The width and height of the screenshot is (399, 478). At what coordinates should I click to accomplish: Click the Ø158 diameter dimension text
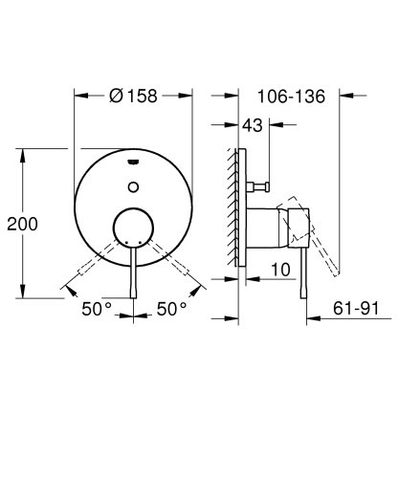click(x=134, y=97)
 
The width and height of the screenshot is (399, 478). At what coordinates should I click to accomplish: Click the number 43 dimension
click(x=253, y=125)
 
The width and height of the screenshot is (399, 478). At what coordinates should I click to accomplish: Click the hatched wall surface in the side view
click(x=233, y=206)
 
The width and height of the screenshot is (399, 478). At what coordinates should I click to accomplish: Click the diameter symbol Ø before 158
click(x=115, y=97)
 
